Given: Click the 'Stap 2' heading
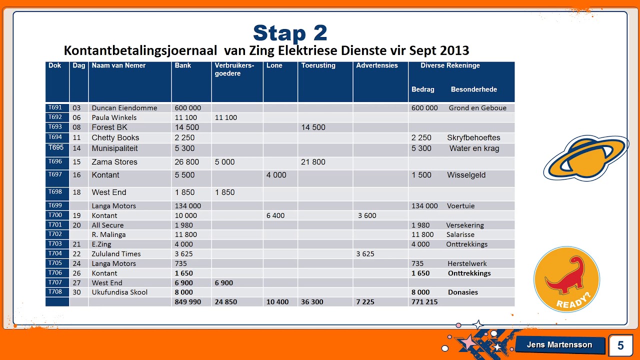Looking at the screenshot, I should pos(290,33).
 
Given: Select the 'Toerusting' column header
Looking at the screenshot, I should pos(318,65).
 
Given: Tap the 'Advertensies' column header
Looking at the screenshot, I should pos(377,65).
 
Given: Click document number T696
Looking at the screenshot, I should pos(55,161).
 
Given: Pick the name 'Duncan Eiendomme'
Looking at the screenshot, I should pos(124,108).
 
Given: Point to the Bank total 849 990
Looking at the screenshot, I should pos(188,302).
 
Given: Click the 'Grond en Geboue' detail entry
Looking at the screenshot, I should pos(477,108).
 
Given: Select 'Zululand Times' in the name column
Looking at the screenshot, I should pos(116,254).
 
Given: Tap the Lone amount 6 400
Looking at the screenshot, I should pos(275,215).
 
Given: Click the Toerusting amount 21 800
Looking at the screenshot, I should pos(313,162).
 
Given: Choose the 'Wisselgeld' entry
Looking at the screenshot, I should pos(466,175).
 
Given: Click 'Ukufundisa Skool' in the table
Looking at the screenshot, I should pos(119,292).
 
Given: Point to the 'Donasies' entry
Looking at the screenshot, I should pos(463,292).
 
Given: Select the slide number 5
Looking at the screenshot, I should pos(620,345).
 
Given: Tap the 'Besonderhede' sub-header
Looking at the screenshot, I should pos(473,89).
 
